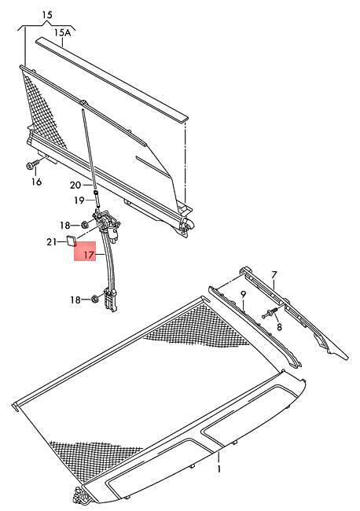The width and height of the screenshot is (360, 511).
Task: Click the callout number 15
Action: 47,15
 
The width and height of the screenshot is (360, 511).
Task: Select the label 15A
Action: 62,32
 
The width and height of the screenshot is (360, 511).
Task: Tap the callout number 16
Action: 36,182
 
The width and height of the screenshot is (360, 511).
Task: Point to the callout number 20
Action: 75,185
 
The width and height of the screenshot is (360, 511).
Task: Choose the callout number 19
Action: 79,200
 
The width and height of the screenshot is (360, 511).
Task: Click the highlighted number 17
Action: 89,255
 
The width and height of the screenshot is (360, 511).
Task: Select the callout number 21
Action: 51,242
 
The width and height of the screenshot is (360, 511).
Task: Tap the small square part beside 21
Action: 72,241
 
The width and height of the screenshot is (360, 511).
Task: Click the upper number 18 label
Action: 64,225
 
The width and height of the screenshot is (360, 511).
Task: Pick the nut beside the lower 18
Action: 95,298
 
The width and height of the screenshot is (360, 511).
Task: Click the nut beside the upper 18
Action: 84,225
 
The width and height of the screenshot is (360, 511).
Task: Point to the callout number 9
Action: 243,294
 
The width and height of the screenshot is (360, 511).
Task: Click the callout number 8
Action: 279,326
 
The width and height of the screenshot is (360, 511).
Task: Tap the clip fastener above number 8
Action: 269,314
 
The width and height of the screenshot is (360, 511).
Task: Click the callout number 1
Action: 219,469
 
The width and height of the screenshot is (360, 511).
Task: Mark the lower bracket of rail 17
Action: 110,300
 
